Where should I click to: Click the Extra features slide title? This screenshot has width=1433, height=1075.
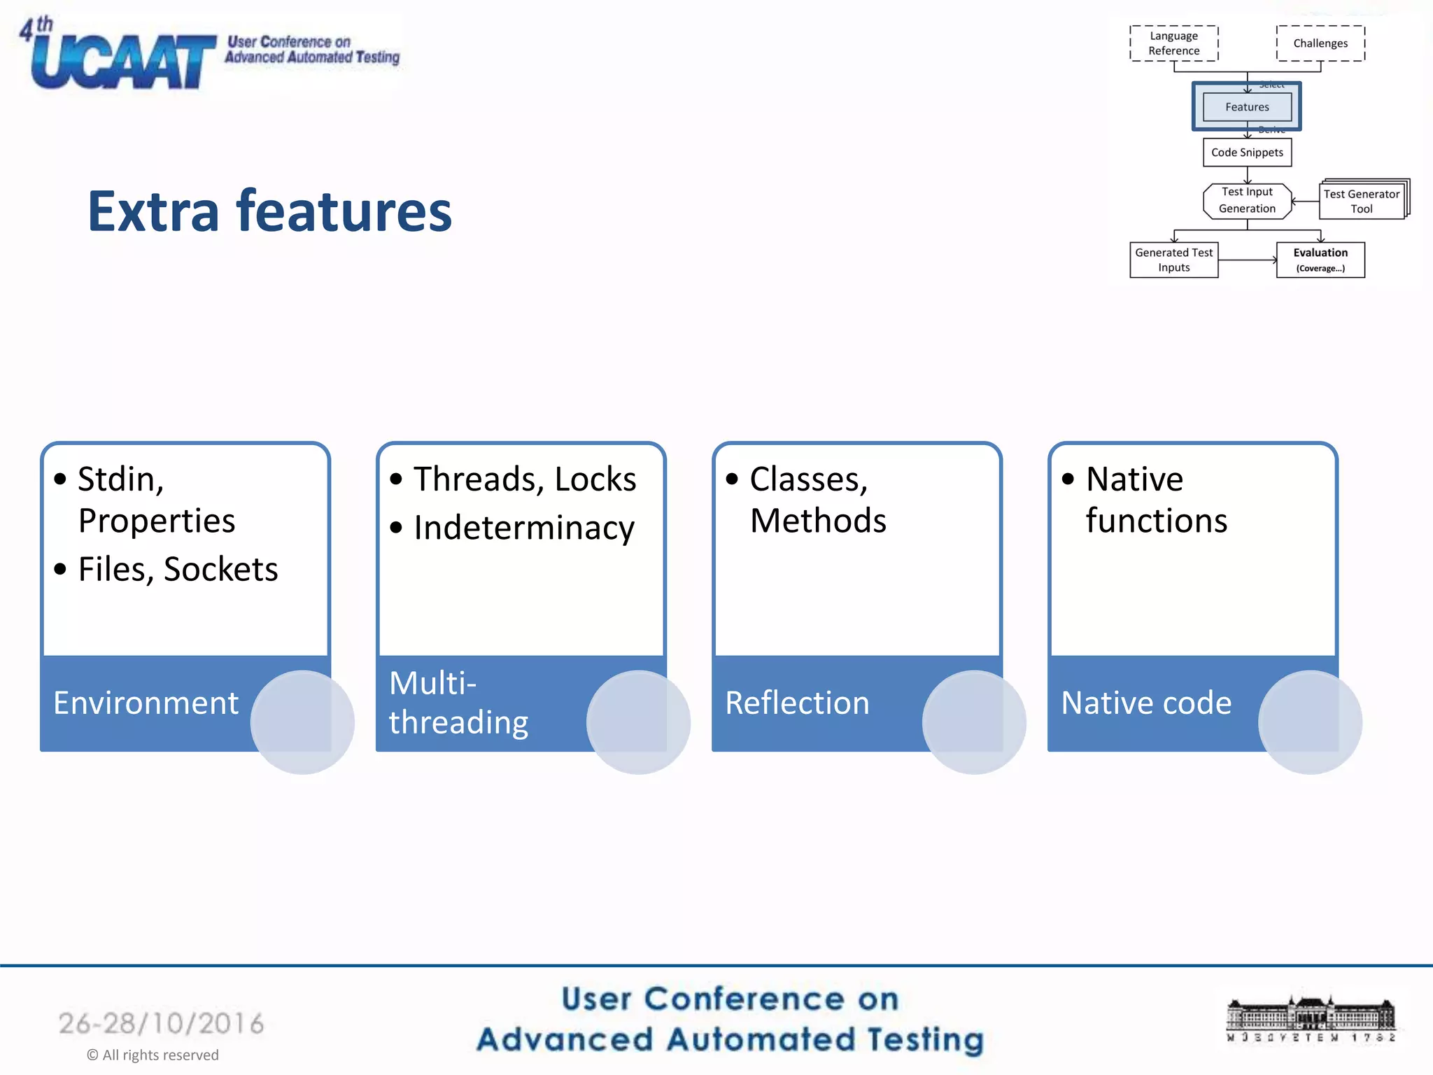(x=269, y=211)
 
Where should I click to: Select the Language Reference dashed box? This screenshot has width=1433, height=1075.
(x=1173, y=43)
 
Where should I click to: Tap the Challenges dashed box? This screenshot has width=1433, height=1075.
(x=1320, y=43)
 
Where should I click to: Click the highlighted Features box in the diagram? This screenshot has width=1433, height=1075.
(x=1246, y=107)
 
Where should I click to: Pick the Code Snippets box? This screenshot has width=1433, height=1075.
(x=1247, y=153)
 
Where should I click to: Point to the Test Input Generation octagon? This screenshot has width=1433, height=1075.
(x=1246, y=200)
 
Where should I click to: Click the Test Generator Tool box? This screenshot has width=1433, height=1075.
(x=1361, y=202)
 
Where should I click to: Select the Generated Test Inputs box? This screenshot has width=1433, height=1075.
(x=1173, y=260)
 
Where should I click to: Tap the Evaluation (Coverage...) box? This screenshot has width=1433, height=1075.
(x=1320, y=260)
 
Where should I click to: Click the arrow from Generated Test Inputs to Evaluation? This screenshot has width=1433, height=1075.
(x=1247, y=260)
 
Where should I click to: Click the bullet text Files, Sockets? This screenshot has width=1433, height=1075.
(x=178, y=569)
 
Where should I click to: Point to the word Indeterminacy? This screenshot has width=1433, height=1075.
(x=523, y=528)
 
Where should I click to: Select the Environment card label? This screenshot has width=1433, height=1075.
(x=146, y=703)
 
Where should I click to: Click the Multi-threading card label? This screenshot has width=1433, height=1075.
(x=458, y=703)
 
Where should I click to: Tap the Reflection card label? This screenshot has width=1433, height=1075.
(x=797, y=703)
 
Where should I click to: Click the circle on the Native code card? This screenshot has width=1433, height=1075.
(x=1309, y=722)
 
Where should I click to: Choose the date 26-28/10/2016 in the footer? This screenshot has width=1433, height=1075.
(x=161, y=1023)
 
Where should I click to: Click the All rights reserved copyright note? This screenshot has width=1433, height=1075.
(x=153, y=1055)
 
